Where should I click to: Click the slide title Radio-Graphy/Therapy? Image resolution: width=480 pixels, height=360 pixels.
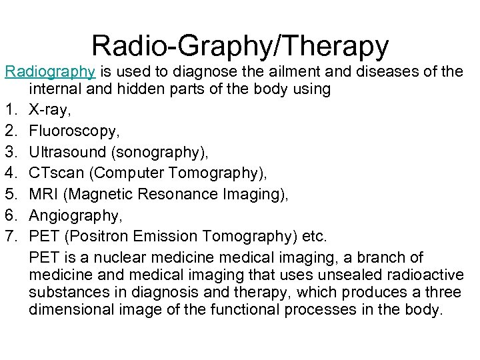pos(240,45)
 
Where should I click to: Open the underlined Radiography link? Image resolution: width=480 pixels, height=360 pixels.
pos(47,71)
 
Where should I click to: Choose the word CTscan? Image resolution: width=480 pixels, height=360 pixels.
pos(56,173)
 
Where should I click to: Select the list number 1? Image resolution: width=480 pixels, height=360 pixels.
pos(9,110)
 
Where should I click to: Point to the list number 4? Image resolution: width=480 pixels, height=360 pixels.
pos(9,173)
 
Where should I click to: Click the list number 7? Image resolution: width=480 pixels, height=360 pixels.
pos(9,236)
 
